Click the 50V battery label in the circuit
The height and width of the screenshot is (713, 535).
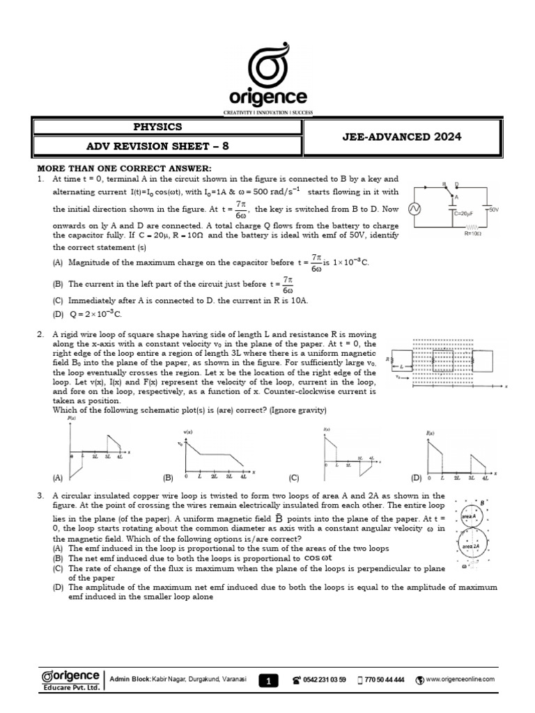[x=494, y=209]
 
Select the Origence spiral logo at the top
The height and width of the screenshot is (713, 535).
[x=267, y=59]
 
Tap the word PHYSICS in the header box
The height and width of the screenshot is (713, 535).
[x=157, y=127]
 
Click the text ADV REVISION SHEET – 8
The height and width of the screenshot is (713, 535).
[x=157, y=148]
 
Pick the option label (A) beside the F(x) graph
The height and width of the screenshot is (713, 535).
[x=57, y=478]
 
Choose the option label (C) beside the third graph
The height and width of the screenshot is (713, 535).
[x=293, y=478]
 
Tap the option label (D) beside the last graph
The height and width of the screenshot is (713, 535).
[x=417, y=478]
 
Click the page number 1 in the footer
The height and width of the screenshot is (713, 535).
[x=267, y=682]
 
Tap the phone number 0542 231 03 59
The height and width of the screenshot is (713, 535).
[x=325, y=680]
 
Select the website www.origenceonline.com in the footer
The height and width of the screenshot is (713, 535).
[x=459, y=679]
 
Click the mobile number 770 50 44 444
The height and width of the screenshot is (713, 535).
[x=385, y=680]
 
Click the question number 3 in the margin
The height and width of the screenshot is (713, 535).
[x=41, y=496]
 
